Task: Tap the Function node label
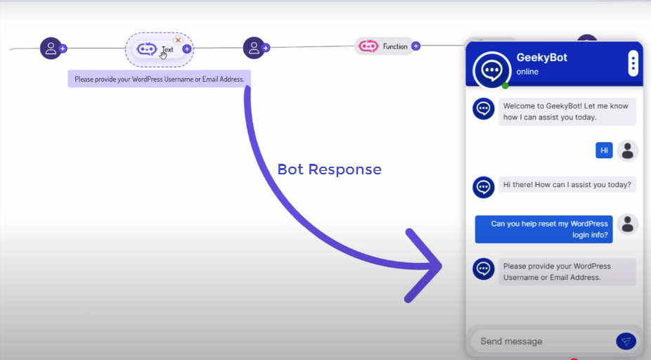[394, 46]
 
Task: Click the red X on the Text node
[178, 40]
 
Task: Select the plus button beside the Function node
[416, 46]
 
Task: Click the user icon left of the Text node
[51, 48]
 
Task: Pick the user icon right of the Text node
[254, 48]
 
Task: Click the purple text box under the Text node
[160, 79]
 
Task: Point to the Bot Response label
[329, 169]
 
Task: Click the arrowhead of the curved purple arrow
[429, 266]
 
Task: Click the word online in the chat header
[527, 72]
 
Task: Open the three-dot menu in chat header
[633, 64]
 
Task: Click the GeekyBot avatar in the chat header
[492, 69]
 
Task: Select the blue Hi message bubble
[604, 150]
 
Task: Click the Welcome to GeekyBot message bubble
[567, 112]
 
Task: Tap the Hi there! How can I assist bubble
[567, 186]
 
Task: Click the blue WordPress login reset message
[544, 229]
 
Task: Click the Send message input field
[541, 341]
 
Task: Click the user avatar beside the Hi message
[628, 150]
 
